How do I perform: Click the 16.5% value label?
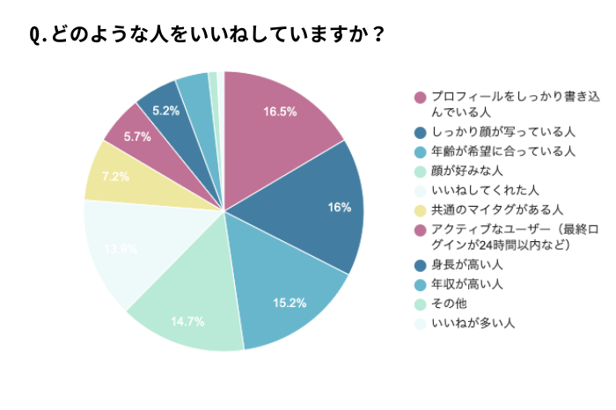pos(280,112)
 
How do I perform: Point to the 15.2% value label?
pos(289,304)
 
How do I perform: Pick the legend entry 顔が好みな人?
pos(464,171)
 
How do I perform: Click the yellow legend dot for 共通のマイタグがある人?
pos(421,209)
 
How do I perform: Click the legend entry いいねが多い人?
pos(470,323)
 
